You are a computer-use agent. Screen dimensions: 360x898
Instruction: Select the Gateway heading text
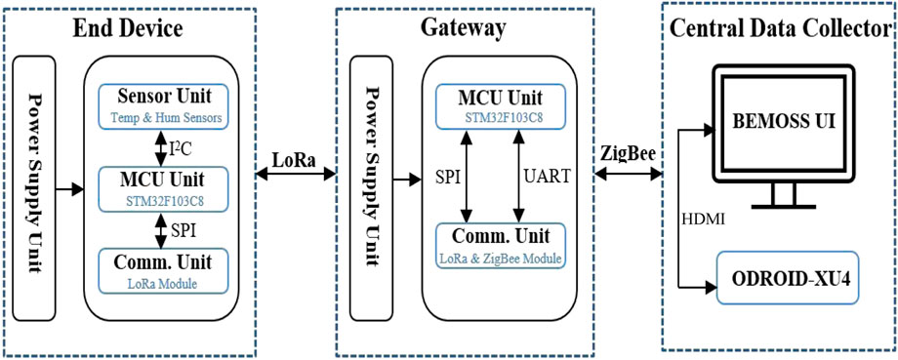tap(463, 28)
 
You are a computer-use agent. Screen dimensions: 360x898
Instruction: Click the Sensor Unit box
tap(162, 106)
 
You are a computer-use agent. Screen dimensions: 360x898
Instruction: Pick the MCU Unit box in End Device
tap(162, 187)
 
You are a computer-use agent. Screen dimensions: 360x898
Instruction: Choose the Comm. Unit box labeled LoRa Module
tap(162, 269)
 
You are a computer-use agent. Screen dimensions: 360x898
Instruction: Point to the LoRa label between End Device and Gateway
tap(292, 159)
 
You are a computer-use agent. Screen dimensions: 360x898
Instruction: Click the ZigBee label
tap(627, 155)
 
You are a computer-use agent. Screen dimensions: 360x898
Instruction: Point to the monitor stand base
tap(784, 206)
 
